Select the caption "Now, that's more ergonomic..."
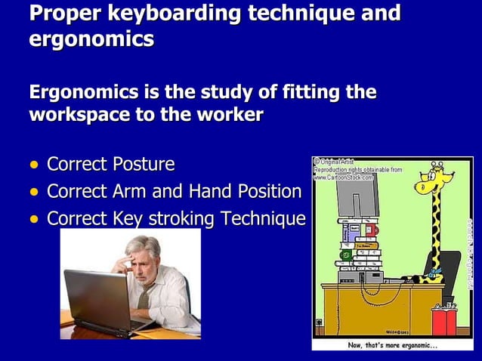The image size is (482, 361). point(392,345)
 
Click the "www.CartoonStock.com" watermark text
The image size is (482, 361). point(345,177)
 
